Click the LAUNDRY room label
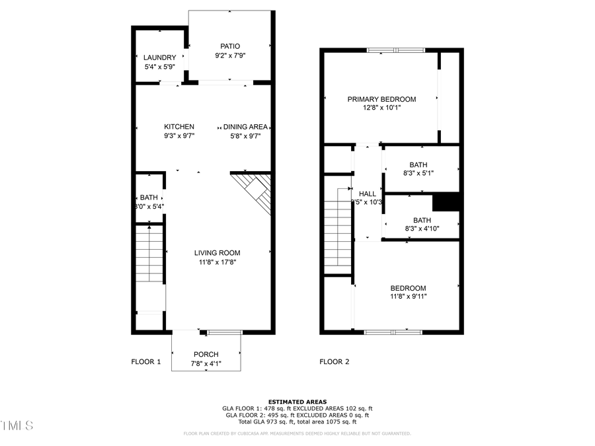click(160, 57)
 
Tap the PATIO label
click(230, 46)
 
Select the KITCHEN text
click(179, 127)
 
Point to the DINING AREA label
click(245, 127)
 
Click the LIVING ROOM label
click(217, 252)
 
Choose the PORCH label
click(206, 354)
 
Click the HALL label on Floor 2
click(368, 194)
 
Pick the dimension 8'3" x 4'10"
click(422, 229)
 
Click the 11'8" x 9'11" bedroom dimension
click(408, 297)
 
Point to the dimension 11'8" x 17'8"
click(217, 262)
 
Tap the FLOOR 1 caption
click(146, 361)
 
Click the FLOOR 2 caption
click(335, 361)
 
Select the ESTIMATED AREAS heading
click(297, 402)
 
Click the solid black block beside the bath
click(446, 202)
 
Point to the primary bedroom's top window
click(396, 50)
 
